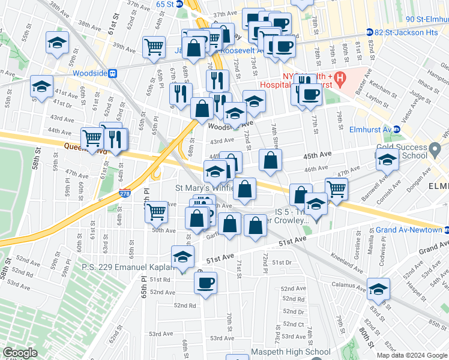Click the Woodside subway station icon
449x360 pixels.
[x=113, y=73]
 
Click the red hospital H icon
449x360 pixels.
[x=340, y=77]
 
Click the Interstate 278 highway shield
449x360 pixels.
[x=124, y=194]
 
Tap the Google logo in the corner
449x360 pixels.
[x=20, y=353]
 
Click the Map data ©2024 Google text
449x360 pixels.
[x=411, y=355]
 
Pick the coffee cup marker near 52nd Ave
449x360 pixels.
[x=206, y=283]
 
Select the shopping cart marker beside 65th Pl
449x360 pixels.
[x=156, y=211]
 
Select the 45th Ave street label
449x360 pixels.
[x=318, y=155]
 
